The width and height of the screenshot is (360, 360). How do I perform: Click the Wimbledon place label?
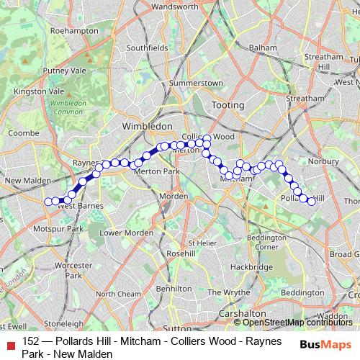point(148,126)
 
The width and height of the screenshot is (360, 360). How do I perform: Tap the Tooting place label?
point(224,105)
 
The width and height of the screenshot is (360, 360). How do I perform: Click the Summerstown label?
point(196,84)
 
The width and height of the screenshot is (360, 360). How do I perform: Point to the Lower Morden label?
point(126,233)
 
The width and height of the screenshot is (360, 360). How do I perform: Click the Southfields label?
point(147,48)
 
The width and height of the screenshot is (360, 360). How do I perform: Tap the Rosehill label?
point(181,254)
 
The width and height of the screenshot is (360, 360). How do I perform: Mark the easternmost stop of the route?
point(312,202)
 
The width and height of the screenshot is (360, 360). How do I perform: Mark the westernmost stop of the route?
point(48,202)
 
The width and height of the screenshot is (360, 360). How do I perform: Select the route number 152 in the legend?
point(31,341)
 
